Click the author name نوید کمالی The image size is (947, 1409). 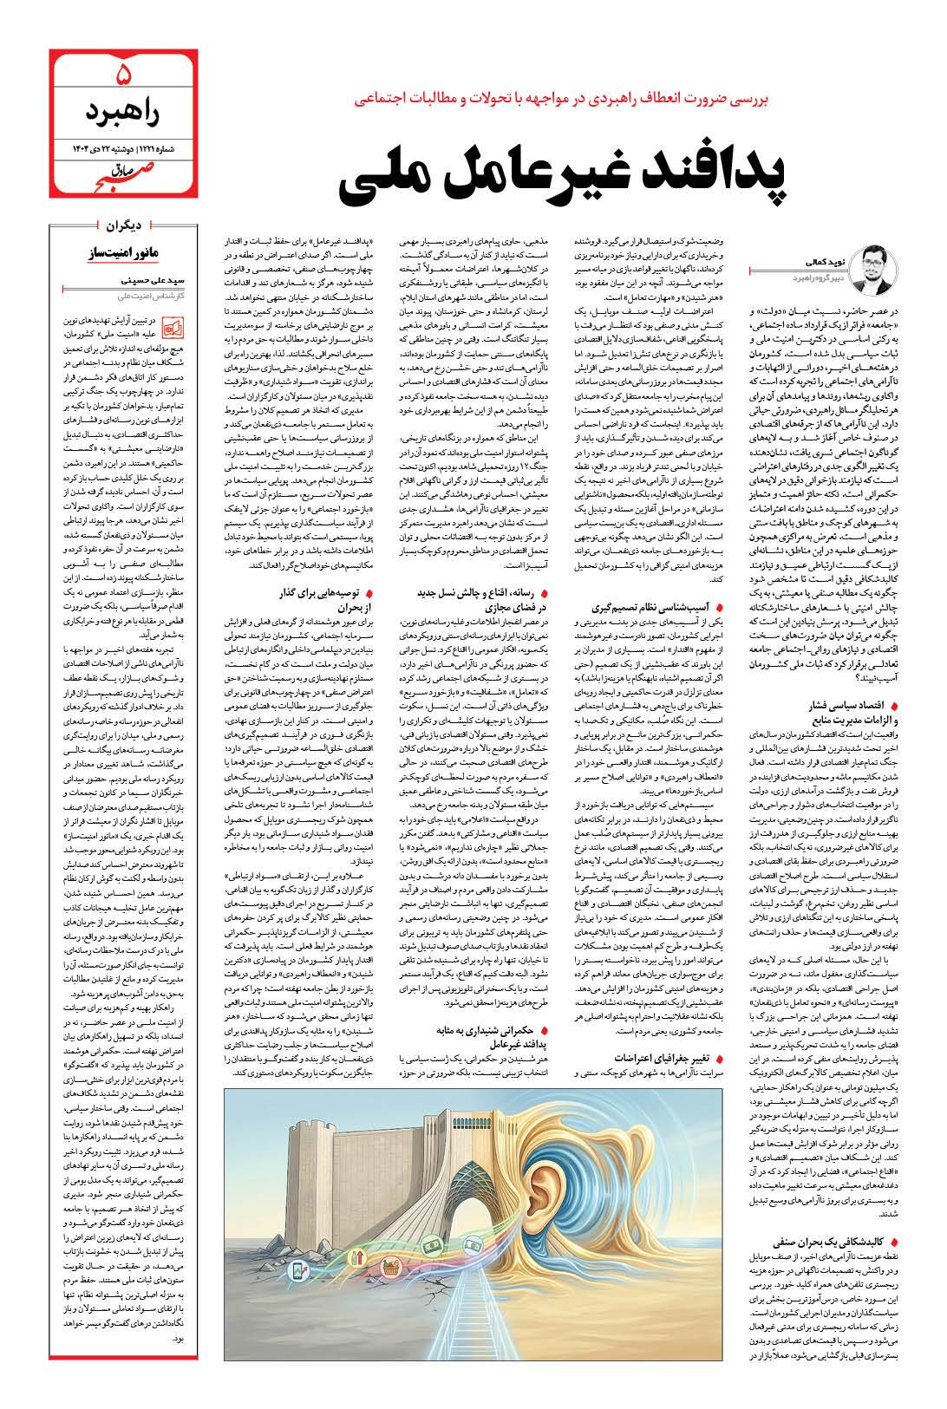click(817, 259)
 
